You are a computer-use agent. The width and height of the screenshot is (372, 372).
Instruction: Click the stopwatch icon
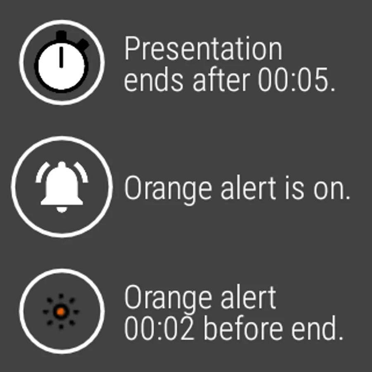click(62, 62)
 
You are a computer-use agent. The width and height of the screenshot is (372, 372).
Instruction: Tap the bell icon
click(62, 187)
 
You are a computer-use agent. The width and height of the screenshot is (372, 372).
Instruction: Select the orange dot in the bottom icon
click(61, 312)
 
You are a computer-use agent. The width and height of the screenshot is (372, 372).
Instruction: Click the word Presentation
click(203, 49)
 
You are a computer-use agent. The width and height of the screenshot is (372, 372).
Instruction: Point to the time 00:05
click(297, 79)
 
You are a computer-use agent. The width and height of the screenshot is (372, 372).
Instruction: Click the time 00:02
click(159, 328)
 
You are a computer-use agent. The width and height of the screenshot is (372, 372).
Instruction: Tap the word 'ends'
click(154, 79)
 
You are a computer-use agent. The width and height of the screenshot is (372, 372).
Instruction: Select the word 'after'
click(221, 79)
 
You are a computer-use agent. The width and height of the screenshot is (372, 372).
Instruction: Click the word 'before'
click(243, 328)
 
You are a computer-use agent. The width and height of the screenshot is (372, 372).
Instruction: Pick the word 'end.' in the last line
click(317, 328)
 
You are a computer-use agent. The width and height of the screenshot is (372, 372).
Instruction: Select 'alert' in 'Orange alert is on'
click(248, 187)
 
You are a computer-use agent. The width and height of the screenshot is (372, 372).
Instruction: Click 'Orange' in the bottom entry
click(168, 299)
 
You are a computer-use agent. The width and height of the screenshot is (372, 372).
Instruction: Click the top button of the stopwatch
click(62, 36)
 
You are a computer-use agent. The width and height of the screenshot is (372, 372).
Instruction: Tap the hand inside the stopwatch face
click(61, 57)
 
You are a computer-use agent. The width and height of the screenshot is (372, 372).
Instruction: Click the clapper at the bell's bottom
click(62, 210)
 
